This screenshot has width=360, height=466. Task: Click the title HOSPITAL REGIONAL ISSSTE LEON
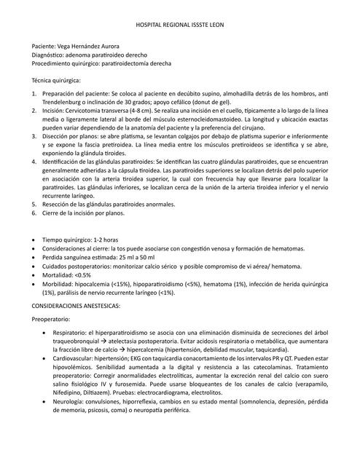[180, 25]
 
